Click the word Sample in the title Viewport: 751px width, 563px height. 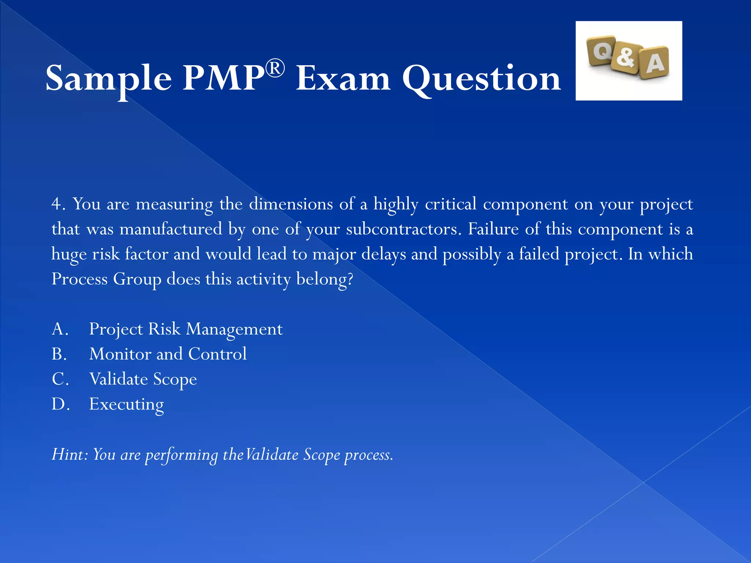(x=109, y=78)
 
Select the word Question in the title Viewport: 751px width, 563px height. (x=481, y=78)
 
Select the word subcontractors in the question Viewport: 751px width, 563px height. (x=402, y=229)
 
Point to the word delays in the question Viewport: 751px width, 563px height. (x=384, y=254)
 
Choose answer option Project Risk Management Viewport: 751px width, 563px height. (x=186, y=329)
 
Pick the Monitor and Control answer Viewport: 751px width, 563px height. (x=168, y=354)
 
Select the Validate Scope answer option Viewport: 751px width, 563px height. (x=143, y=379)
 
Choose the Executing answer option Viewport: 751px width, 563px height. (x=127, y=404)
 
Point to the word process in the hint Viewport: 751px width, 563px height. (x=368, y=455)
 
